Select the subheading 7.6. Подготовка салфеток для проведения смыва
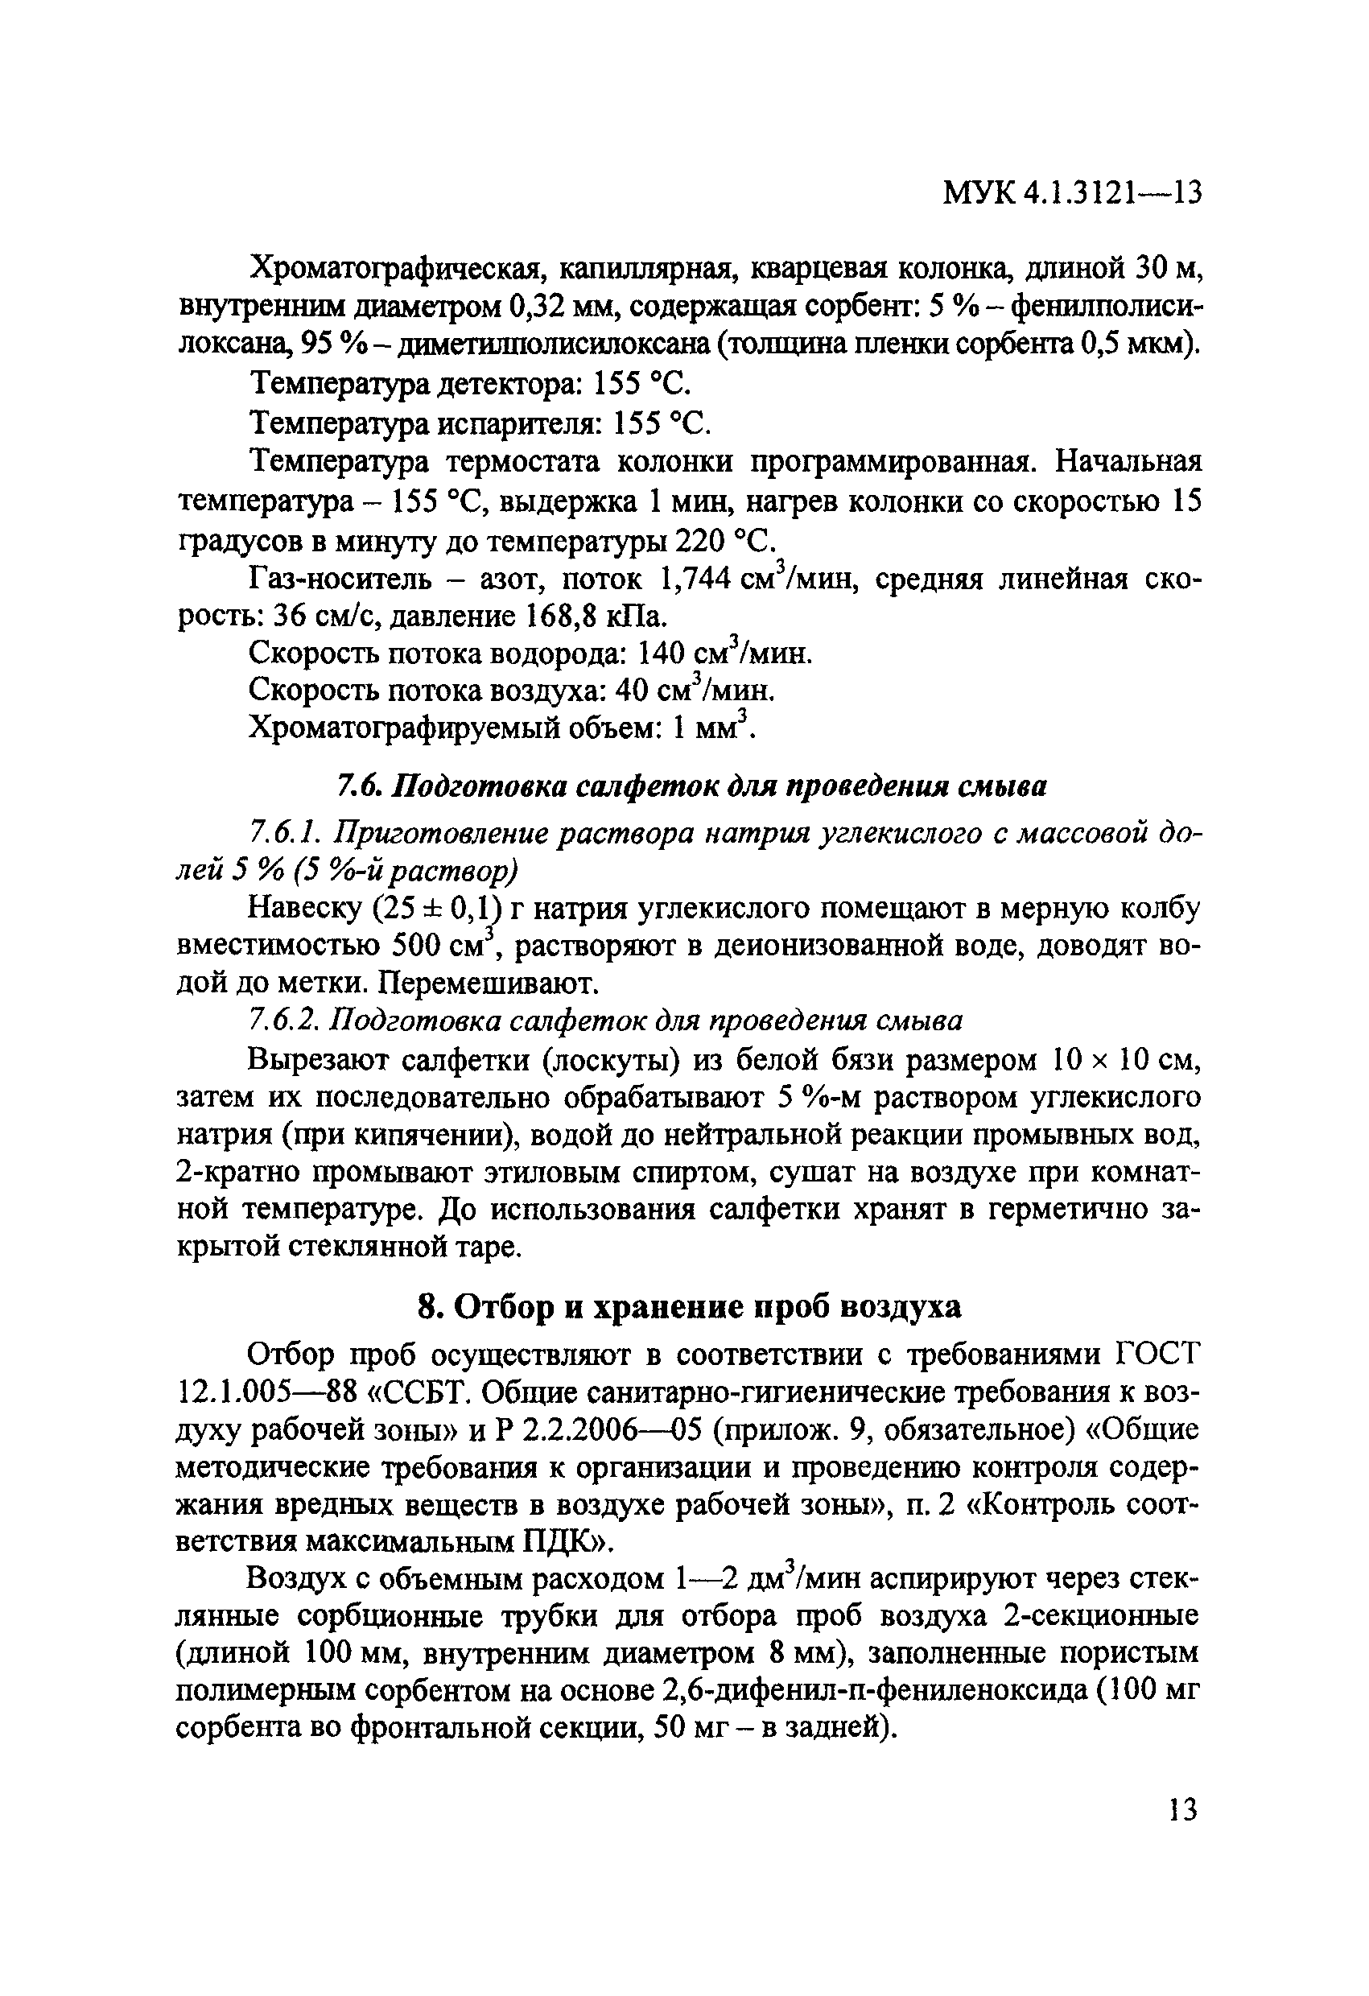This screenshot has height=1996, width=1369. point(691,786)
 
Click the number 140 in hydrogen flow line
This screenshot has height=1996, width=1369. point(660,654)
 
